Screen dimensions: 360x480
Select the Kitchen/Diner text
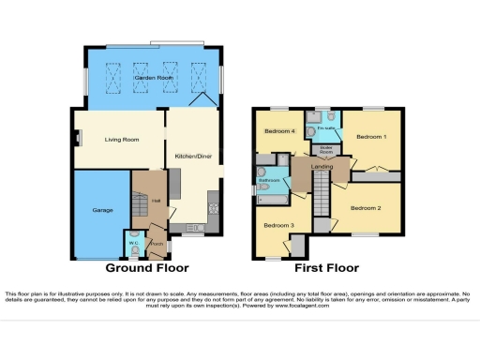(x=191, y=157)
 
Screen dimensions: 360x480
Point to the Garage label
(x=102, y=210)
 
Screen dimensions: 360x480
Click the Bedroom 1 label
(x=372, y=137)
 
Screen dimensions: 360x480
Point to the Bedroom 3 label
(x=277, y=226)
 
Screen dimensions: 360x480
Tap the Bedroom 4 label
(x=280, y=132)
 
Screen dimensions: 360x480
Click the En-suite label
(x=326, y=127)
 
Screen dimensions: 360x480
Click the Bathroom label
(x=270, y=181)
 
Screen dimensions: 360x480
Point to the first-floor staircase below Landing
(x=321, y=197)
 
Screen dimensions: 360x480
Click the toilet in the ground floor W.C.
(x=135, y=235)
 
